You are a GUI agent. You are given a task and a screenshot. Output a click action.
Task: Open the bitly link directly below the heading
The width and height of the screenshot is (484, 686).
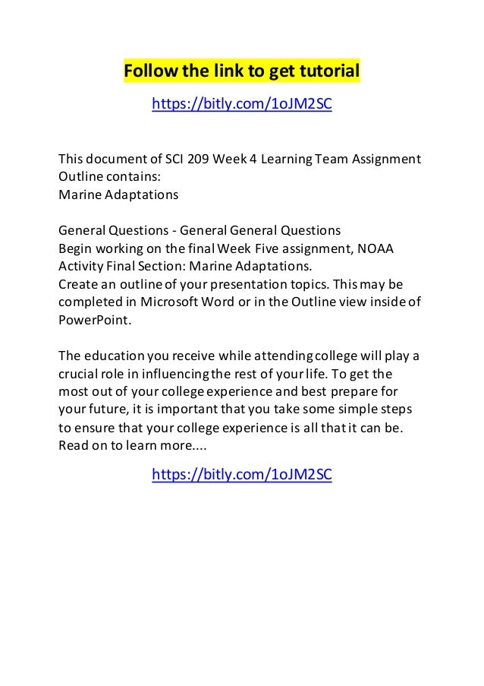[x=242, y=104]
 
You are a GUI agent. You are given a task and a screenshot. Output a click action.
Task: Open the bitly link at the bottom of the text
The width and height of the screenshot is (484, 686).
[x=242, y=475]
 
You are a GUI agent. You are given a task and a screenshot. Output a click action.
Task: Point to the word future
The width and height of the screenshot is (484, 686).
[x=105, y=409]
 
